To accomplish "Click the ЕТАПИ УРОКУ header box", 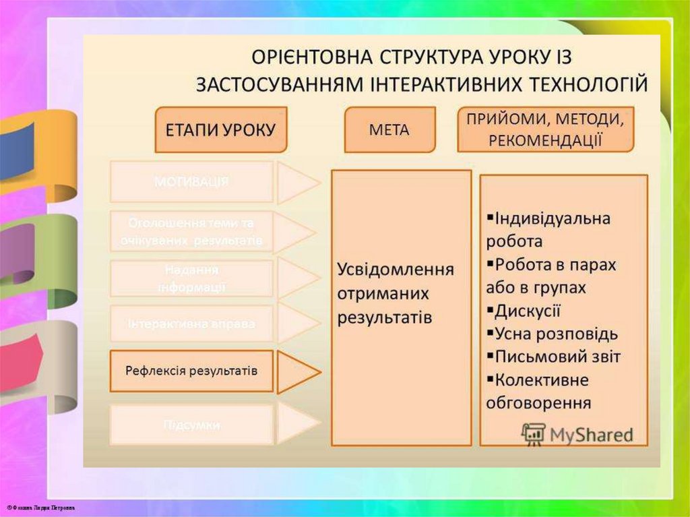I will (221, 129).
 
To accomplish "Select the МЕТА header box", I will (389, 129).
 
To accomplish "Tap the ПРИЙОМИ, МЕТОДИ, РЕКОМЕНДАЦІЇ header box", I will (545, 129).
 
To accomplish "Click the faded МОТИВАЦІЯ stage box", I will (191, 181).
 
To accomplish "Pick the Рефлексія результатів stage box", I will (191, 371).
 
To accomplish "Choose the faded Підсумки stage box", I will (191, 425).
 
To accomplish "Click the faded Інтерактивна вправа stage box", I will (191, 324).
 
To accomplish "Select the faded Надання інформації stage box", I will (191, 278).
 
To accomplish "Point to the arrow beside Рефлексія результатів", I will (297, 371).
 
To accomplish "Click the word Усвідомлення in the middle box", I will (396, 270).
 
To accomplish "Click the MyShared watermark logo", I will (577, 434).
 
